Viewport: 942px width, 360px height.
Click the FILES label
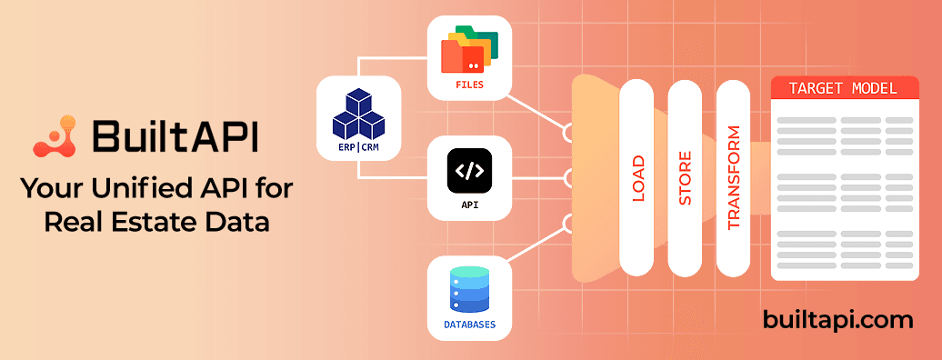tap(469, 85)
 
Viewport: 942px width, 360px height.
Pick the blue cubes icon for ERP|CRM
tap(359, 114)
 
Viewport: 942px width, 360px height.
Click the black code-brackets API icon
tap(469, 170)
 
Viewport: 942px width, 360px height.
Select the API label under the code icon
tap(469, 205)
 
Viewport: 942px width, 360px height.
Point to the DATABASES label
tap(469, 323)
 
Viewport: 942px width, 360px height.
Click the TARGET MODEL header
tap(843, 89)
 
